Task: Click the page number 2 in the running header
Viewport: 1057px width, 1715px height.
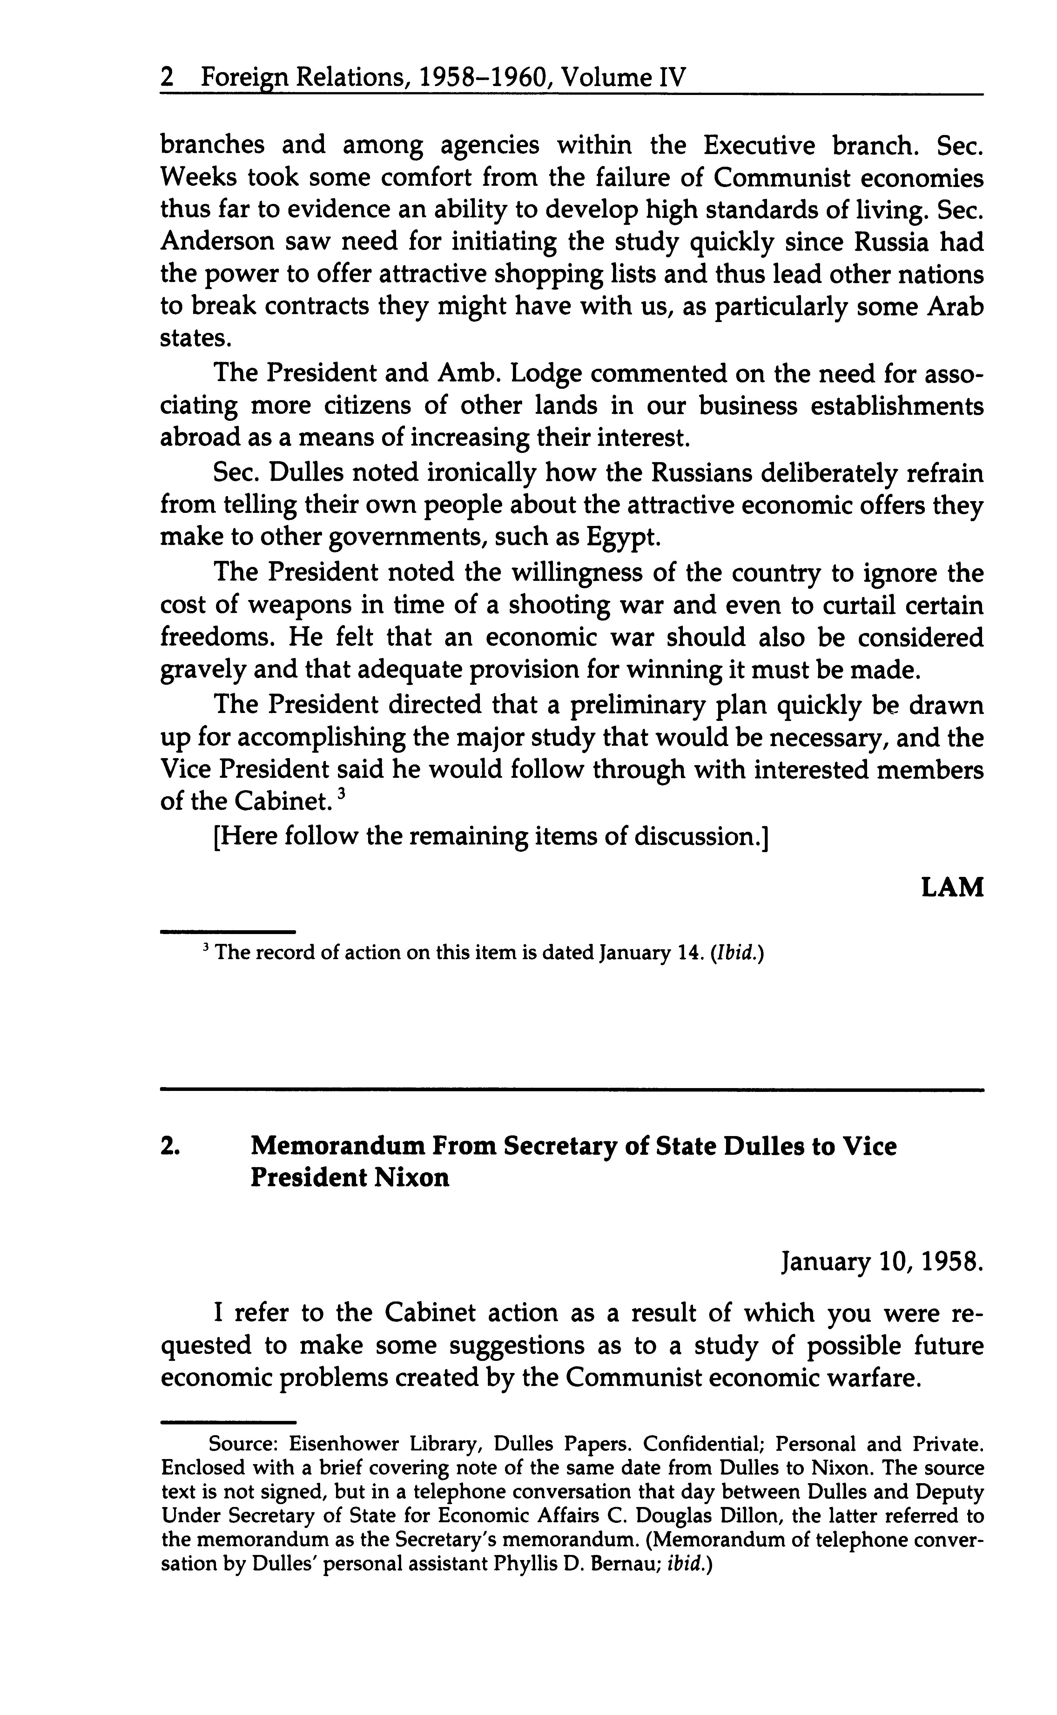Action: pyautogui.click(x=166, y=77)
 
